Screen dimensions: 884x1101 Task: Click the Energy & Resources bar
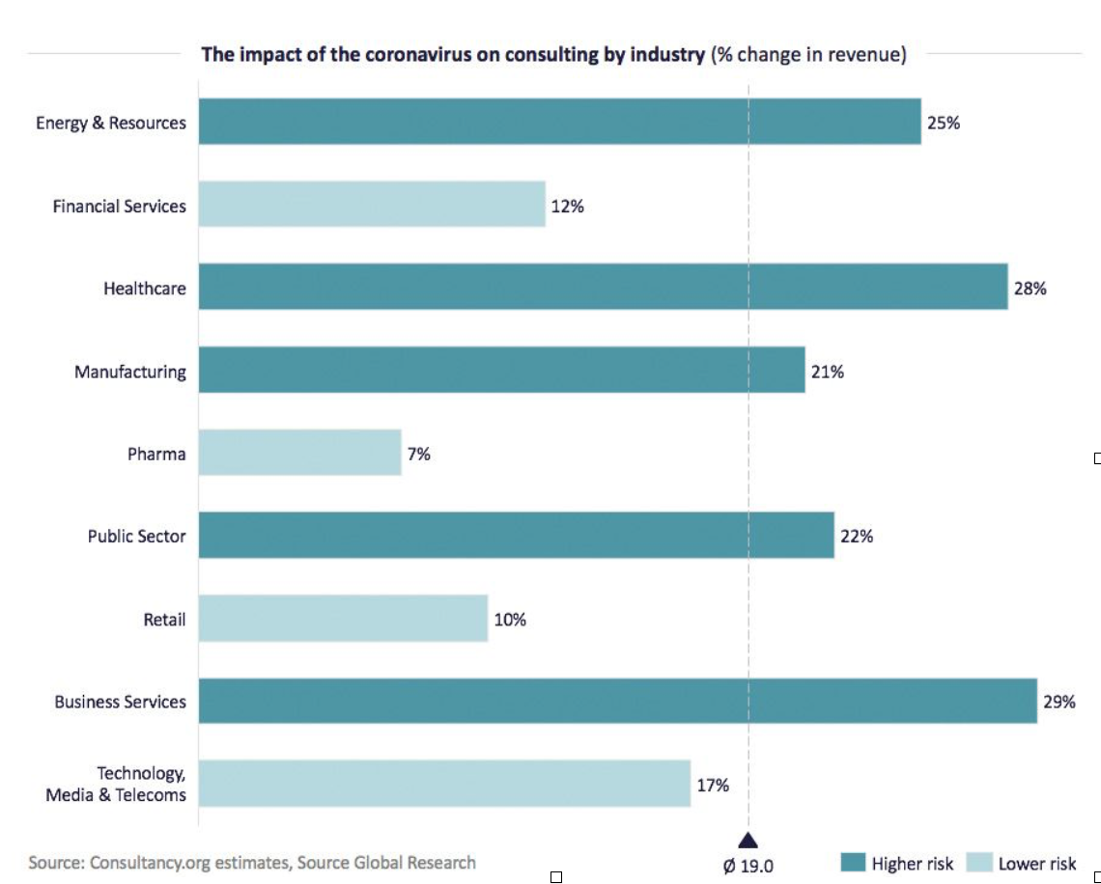pyautogui.click(x=559, y=122)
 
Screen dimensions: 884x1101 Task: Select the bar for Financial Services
pyautogui.click(x=372, y=205)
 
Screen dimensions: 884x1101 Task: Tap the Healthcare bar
pyautogui.click(x=603, y=287)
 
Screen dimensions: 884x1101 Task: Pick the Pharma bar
pyautogui.click(x=299, y=453)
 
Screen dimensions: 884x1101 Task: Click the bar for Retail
pyautogui.click(x=343, y=619)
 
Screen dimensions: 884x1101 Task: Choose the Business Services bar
pyautogui.click(x=617, y=701)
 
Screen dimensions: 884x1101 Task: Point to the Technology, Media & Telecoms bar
pyautogui.click(x=444, y=783)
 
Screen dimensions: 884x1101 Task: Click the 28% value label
pyautogui.click(x=1030, y=289)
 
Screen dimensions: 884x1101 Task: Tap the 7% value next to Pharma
pyautogui.click(x=418, y=454)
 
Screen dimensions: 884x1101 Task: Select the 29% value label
pyautogui.click(x=1059, y=703)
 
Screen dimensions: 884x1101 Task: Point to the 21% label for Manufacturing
pyautogui.click(x=827, y=372)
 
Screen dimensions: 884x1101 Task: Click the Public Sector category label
pyautogui.click(x=136, y=537)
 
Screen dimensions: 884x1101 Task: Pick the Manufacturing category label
pyautogui.click(x=130, y=372)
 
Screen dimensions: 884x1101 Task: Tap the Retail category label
pyautogui.click(x=164, y=620)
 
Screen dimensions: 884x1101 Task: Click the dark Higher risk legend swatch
pyautogui.click(x=852, y=863)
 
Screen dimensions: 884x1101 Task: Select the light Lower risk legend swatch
pyautogui.click(x=979, y=863)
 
